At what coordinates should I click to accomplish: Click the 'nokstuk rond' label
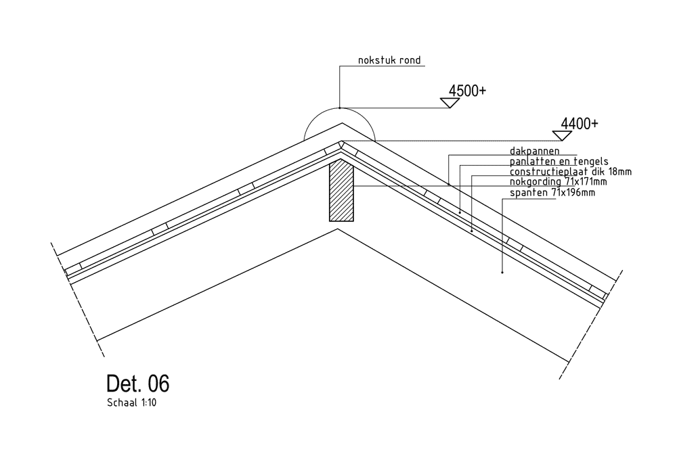(x=389, y=61)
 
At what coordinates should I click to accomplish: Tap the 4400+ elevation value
(x=580, y=124)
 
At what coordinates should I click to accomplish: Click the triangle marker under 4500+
(x=450, y=103)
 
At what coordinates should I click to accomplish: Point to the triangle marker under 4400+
(x=562, y=135)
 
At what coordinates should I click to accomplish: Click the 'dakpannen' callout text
(x=534, y=151)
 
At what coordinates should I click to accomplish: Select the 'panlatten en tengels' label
(x=559, y=162)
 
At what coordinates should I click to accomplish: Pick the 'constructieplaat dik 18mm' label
(x=570, y=172)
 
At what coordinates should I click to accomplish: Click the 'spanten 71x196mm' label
(x=552, y=192)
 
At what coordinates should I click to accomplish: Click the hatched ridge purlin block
(x=341, y=191)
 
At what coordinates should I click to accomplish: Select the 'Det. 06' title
(x=137, y=384)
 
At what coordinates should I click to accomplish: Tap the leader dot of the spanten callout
(x=502, y=273)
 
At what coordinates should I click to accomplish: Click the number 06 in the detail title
(x=158, y=384)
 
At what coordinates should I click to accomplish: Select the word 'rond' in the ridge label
(x=409, y=61)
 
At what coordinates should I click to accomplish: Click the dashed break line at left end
(x=78, y=298)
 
